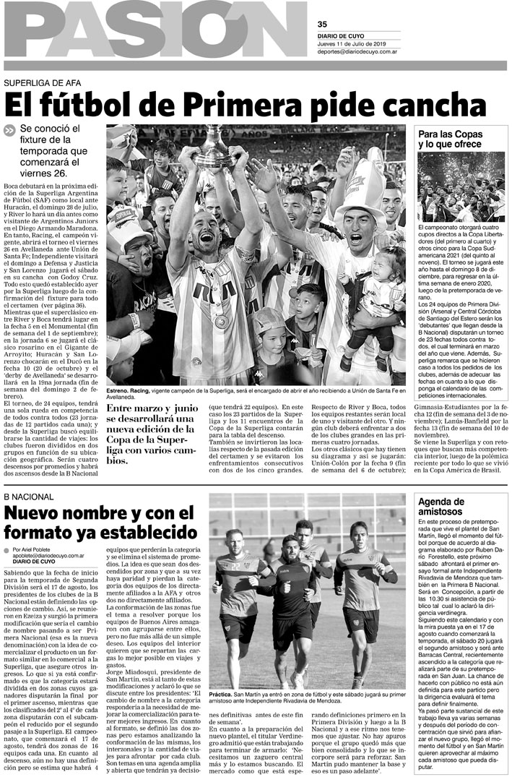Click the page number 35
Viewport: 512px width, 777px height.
point(322,24)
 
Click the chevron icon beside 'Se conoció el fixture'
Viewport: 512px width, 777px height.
point(9,131)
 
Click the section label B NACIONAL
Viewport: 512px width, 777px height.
point(29,497)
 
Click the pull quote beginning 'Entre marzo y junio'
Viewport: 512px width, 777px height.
point(153,435)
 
